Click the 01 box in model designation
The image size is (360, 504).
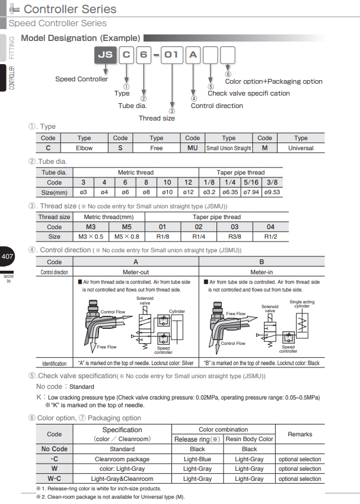click(171, 58)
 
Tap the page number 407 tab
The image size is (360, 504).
click(8, 257)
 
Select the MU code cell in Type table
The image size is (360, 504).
click(193, 148)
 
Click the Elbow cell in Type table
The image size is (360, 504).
click(84, 148)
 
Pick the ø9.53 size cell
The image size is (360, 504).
click(273, 192)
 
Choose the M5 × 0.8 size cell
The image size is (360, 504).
click(127, 236)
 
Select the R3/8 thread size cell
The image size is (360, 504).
click(235, 236)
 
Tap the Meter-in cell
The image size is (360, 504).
click(262, 271)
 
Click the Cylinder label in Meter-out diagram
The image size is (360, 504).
click(177, 312)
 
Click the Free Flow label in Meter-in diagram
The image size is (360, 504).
click(235, 313)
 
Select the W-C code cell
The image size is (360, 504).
click(54, 478)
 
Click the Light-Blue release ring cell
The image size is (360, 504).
click(197, 459)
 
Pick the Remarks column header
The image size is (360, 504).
click(300, 434)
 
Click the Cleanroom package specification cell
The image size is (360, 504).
click(122, 459)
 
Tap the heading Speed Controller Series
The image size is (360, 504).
click(58, 23)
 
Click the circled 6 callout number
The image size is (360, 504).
click(228, 74)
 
